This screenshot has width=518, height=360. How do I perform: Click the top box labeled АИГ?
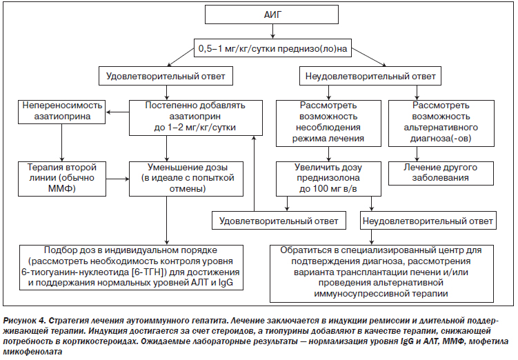tap(272, 14)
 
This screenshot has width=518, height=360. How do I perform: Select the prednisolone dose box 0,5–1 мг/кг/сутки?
tap(272, 48)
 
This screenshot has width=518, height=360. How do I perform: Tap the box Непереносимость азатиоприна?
tap(62, 112)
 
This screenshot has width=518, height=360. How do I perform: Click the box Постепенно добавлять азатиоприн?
tap(196, 118)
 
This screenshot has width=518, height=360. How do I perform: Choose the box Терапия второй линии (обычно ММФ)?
tap(62, 179)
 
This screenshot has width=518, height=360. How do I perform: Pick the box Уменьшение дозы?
tap(186, 179)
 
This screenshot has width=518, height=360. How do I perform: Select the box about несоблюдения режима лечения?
tap(328, 123)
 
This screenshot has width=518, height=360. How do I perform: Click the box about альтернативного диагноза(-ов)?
tap(441, 123)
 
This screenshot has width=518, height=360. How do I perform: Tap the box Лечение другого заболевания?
tap(441, 173)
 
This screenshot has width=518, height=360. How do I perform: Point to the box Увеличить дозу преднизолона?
tap(328, 179)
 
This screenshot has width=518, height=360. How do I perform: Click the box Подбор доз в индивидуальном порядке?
tap(131, 267)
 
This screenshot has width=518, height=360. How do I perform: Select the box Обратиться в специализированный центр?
tap(381, 273)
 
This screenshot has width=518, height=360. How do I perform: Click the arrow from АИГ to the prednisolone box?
tap(272, 32)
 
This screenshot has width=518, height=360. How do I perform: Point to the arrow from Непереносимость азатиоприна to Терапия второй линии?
tap(62, 143)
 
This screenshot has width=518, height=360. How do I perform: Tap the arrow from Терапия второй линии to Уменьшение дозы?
tap(118, 179)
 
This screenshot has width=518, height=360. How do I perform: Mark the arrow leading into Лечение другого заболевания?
tap(417, 154)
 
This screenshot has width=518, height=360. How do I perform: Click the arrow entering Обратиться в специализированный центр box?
tap(372, 237)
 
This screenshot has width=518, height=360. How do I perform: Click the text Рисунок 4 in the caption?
tap(23, 321)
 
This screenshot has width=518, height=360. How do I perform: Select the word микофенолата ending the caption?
tap(32, 352)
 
